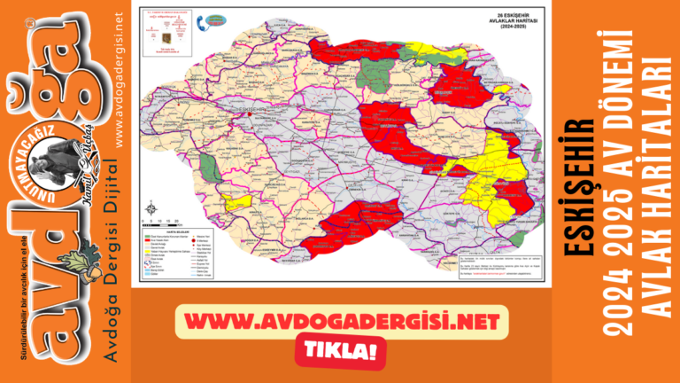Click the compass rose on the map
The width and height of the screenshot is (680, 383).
(x=151, y=209)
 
